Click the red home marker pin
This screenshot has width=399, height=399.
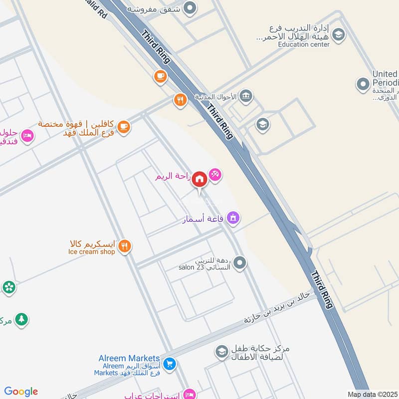(199, 179)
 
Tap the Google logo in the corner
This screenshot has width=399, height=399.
(21, 391)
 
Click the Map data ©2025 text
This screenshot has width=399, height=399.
(373, 394)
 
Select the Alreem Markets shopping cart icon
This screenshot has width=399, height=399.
(170, 365)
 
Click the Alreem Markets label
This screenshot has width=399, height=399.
(129, 359)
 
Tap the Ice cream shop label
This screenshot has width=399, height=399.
(92, 252)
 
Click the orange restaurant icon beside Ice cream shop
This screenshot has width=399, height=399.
(125, 246)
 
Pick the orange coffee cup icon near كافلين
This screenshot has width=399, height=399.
(124, 127)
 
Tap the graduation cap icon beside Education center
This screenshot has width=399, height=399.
(339, 35)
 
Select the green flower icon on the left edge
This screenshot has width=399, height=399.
(8, 287)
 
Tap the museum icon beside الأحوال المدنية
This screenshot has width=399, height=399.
(246, 96)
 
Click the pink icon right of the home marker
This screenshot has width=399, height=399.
(215, 175)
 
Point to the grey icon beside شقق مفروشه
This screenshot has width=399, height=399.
(190, 8)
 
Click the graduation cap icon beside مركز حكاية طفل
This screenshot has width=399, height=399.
(221, 353)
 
